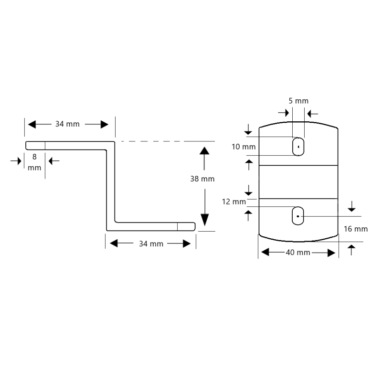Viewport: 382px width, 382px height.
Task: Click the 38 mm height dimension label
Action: [x=202, y=179]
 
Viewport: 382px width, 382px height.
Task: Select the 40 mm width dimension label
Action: [x=298, y=253]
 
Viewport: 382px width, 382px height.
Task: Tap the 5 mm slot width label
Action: [x=298, y=101]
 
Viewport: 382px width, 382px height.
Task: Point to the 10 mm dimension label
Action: [x=244, y=147]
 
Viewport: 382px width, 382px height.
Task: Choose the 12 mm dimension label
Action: [x=234, y=202]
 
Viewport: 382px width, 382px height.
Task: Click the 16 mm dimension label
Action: [x=356, y=229]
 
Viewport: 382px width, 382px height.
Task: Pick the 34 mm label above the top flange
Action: [x=67, y=124]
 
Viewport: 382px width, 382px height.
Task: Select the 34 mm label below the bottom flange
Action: [x=151, y=244]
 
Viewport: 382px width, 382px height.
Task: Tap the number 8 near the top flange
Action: [x=34, y=157]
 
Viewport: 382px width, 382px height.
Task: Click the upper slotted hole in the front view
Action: [x=298, y=147]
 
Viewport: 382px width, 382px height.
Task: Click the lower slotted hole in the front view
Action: [x=297, y=216]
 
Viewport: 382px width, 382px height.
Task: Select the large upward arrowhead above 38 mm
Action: [x=204, y=151]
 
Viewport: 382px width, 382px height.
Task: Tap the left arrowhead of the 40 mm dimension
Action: [x=265, y=252]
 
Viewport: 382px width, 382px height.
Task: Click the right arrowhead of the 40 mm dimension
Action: [x=331, y=253]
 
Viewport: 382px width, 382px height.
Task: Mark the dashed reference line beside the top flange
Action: [x=168, y=141]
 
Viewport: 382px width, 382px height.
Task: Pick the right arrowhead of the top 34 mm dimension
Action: [x=105, y=124]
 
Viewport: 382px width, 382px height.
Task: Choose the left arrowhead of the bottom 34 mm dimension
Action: [x=114, y=243]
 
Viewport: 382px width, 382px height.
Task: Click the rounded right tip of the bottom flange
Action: [x=194, y=226]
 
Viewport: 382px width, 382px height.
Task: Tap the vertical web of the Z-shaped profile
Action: [x=111, y=186]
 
